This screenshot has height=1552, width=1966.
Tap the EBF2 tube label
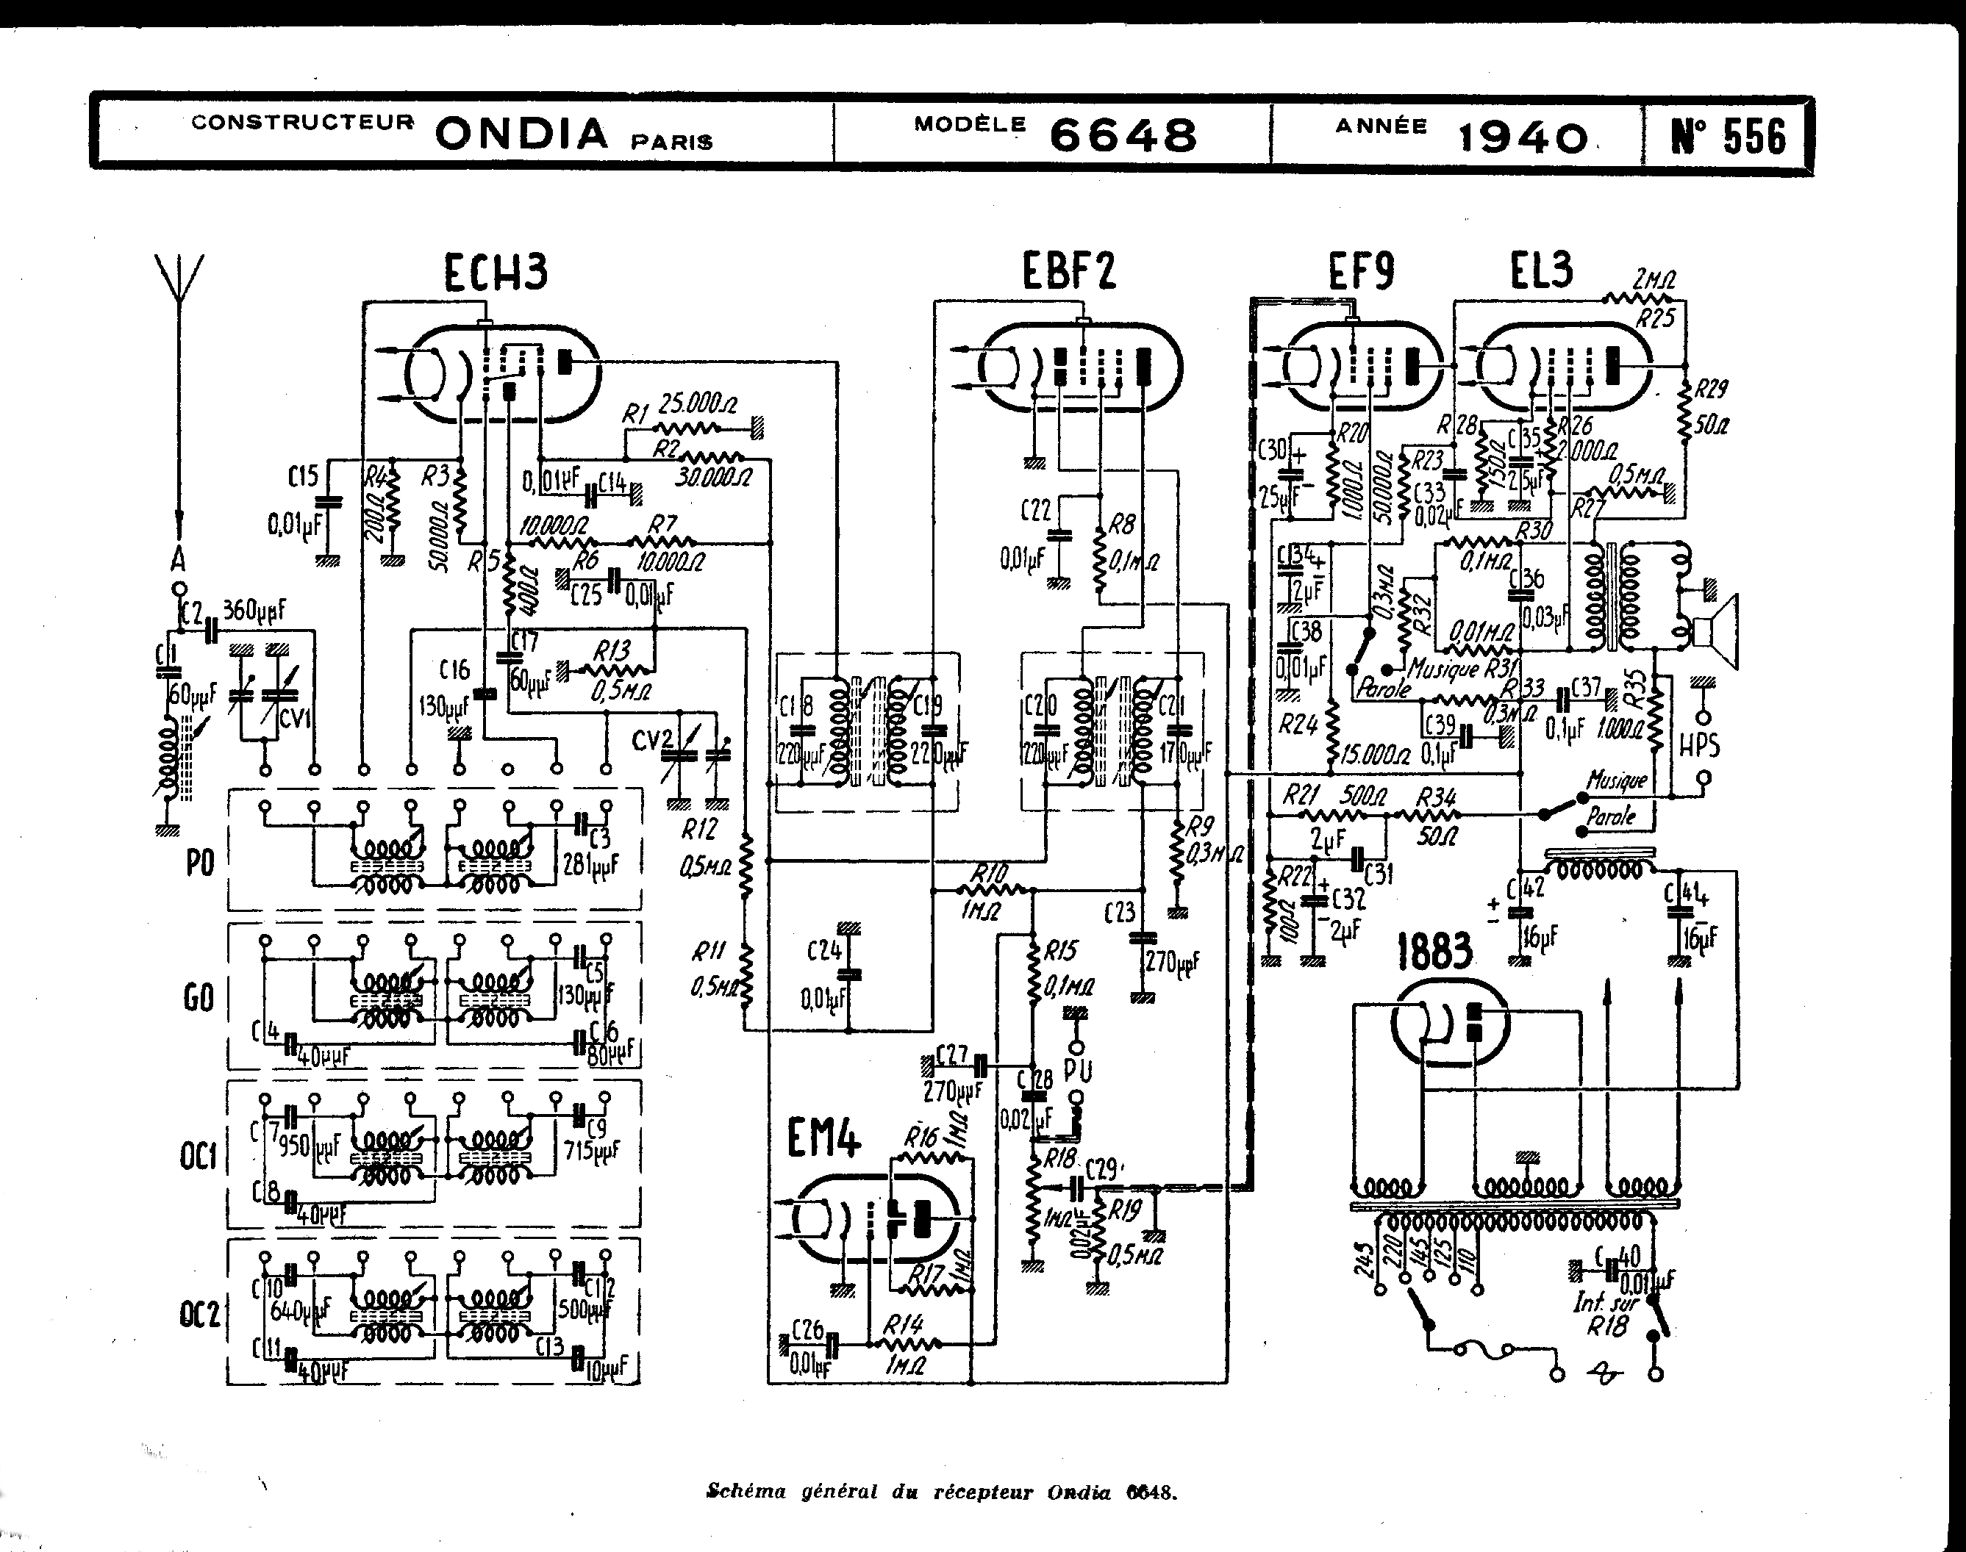pyautogui.click(x=1068, y=270)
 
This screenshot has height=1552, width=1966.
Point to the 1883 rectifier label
pyautogui.click(x=1434, y=952)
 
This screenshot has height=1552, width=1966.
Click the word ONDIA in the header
pyautogui.click(x=522, y=134)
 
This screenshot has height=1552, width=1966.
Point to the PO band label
pyautogui.click(x=200, y=862)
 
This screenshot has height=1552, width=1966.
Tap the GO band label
pyautogui.click(x=199, y=999)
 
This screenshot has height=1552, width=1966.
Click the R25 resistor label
pyautogui.click(x=1655, y=318)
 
